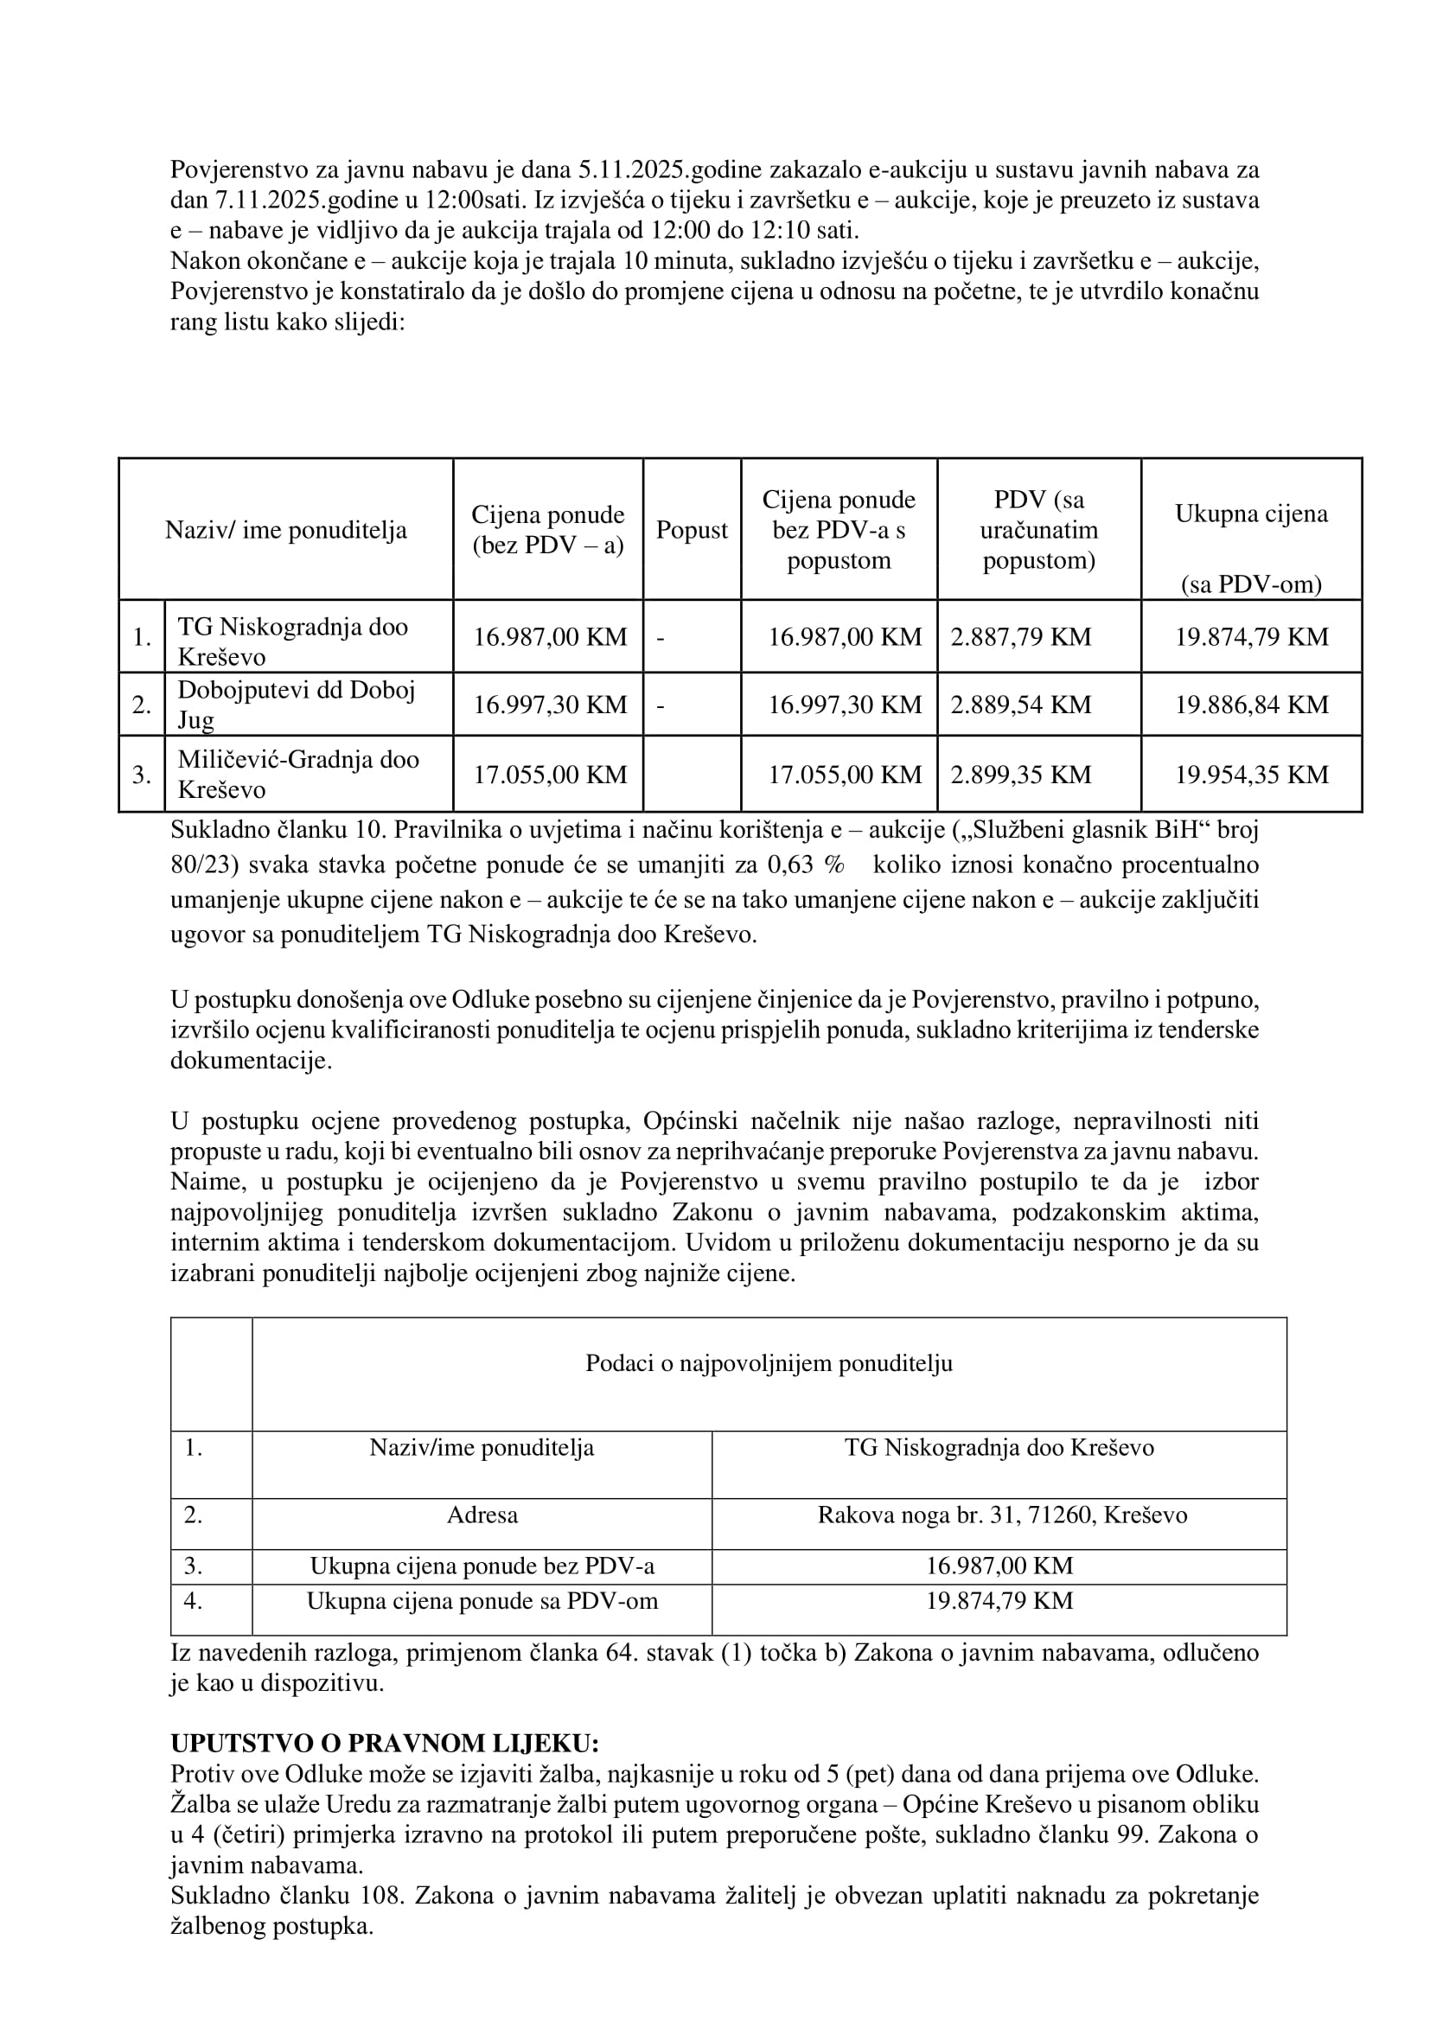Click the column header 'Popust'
coord(692,530)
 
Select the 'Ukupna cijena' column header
coord(1250,514)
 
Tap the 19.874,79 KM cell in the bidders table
coord(1250,637)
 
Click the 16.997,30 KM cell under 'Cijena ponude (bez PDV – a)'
coord(550,705)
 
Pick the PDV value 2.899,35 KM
coord(1020,775)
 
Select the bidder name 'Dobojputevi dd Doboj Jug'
coord(296,705)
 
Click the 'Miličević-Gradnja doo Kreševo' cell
coord(297,774)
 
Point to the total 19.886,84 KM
coord(1250,705)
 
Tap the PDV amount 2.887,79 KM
coord(1020,637)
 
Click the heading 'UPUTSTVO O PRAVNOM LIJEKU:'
coord(385,1744)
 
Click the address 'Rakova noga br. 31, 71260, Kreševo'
coord(1001,1515)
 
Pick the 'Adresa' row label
coord(482,1515)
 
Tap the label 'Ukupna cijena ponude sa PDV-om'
coord(482,1601)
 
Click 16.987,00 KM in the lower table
coord(999,1566)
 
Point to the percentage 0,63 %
coord(806,864)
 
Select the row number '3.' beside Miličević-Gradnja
coord(142,775)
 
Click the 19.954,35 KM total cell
coord(1250,775)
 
